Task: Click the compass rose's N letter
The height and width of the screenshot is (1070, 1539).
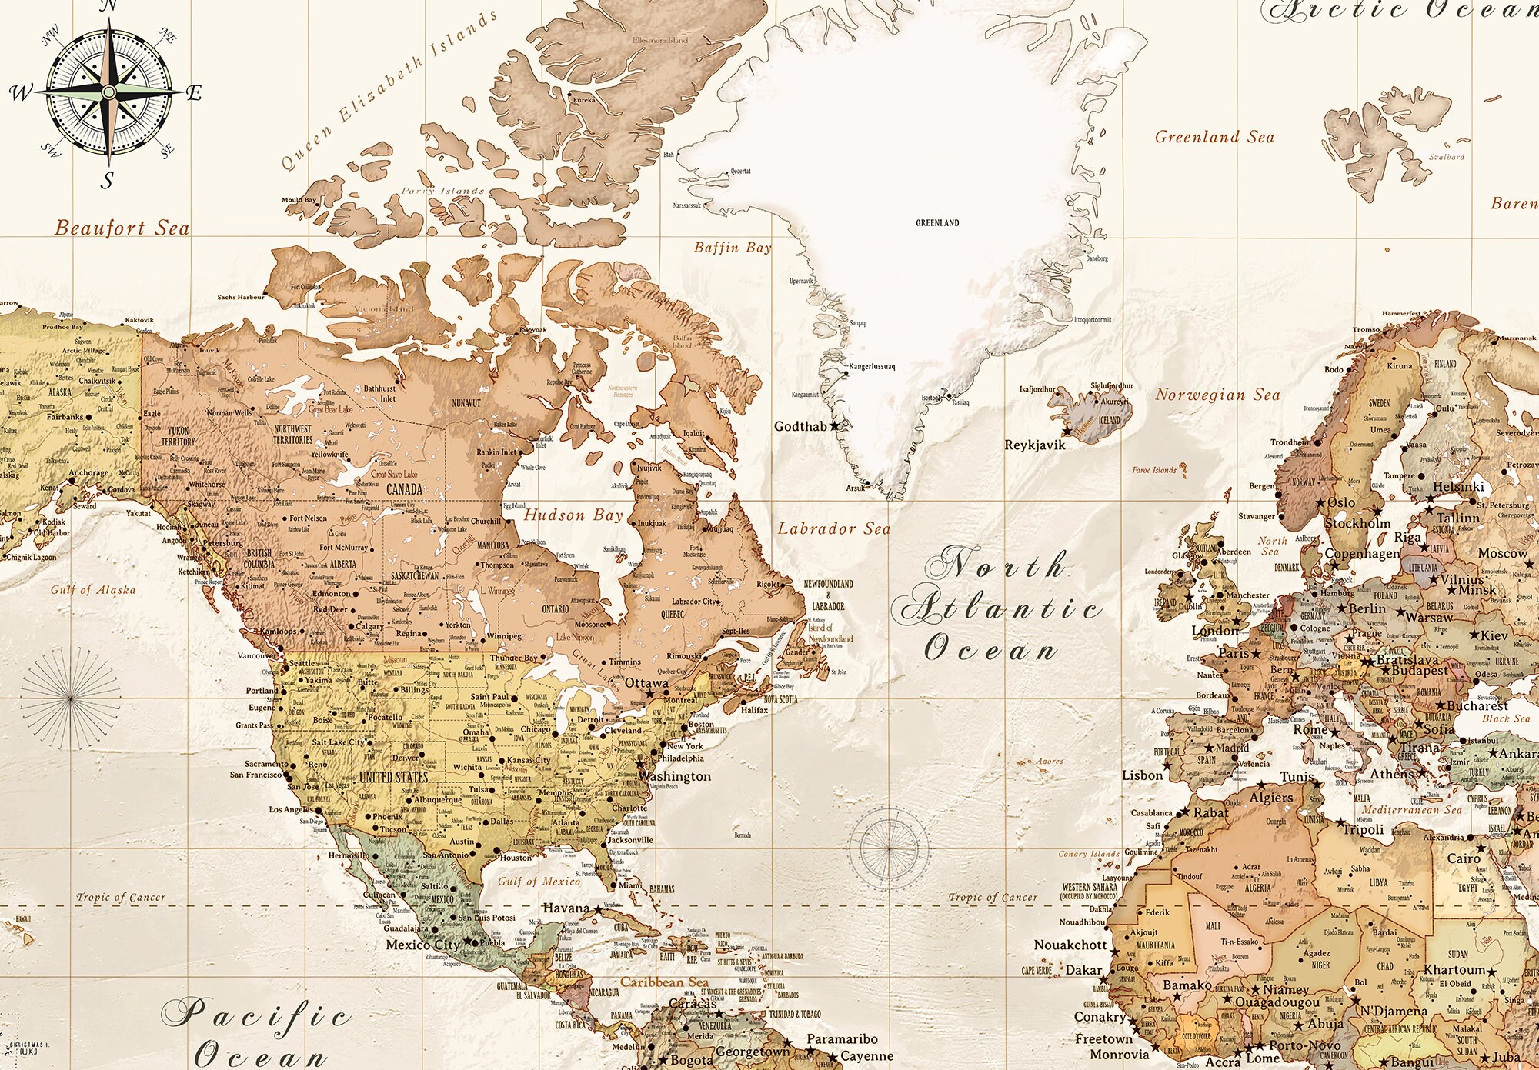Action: tap(108, 6)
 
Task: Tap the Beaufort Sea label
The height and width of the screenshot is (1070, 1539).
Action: tap(122, 228)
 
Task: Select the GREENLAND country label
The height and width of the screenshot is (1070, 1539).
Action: tap(937, 223)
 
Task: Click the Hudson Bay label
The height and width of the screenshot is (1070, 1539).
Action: tap(573, 515)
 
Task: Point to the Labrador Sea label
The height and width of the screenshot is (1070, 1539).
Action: tap(833, 528)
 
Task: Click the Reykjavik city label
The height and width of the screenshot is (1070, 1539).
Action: tap(1035, 445)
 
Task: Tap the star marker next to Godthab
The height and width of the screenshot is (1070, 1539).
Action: tap(834, 426)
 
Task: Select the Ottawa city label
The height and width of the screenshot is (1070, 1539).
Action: tap(646, 682)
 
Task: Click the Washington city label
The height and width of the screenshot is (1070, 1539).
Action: tap(674, 776)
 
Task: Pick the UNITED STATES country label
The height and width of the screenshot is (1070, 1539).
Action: tap(393, 777)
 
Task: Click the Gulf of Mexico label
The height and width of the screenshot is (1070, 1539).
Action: tap(539, 882)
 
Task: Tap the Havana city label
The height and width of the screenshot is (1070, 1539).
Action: tap(566, 908)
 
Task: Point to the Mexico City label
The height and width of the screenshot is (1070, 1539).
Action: tap(422, 945)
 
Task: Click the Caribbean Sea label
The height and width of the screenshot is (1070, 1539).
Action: tap(664, 982)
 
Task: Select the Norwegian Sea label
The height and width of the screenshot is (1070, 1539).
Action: tap(1217, 395)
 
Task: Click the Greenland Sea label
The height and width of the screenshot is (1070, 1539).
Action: tap(1214, 137)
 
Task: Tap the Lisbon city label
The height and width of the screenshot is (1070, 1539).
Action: tap(1142, 775)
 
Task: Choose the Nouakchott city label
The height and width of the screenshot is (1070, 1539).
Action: tap(1070, 945)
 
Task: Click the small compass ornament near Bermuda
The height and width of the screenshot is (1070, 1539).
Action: tap(888, 848)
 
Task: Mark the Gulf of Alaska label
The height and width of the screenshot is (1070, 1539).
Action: tap(93, 590)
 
